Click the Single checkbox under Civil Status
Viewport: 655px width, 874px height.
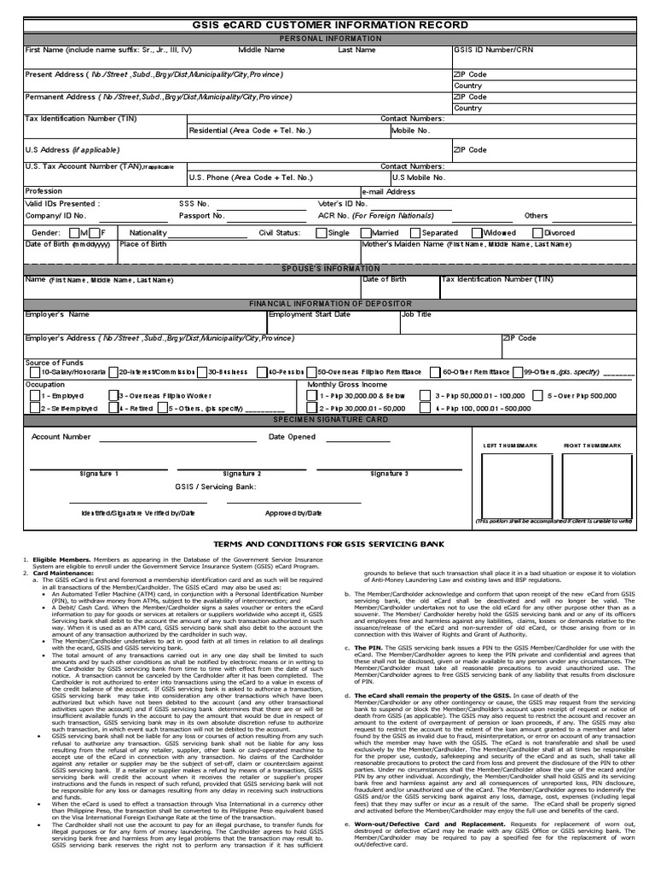pos(320,232)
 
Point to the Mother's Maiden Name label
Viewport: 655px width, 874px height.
pos(426,244)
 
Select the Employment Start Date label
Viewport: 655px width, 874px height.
pos(310,314)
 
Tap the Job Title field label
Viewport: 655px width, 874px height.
pos(417,314)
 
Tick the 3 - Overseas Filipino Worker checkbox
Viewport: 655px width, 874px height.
pos(113,396)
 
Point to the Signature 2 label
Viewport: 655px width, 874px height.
pos(242,473)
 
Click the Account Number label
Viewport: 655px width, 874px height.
pos(61,436)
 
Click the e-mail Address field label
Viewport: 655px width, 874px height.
pos(391,192)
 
